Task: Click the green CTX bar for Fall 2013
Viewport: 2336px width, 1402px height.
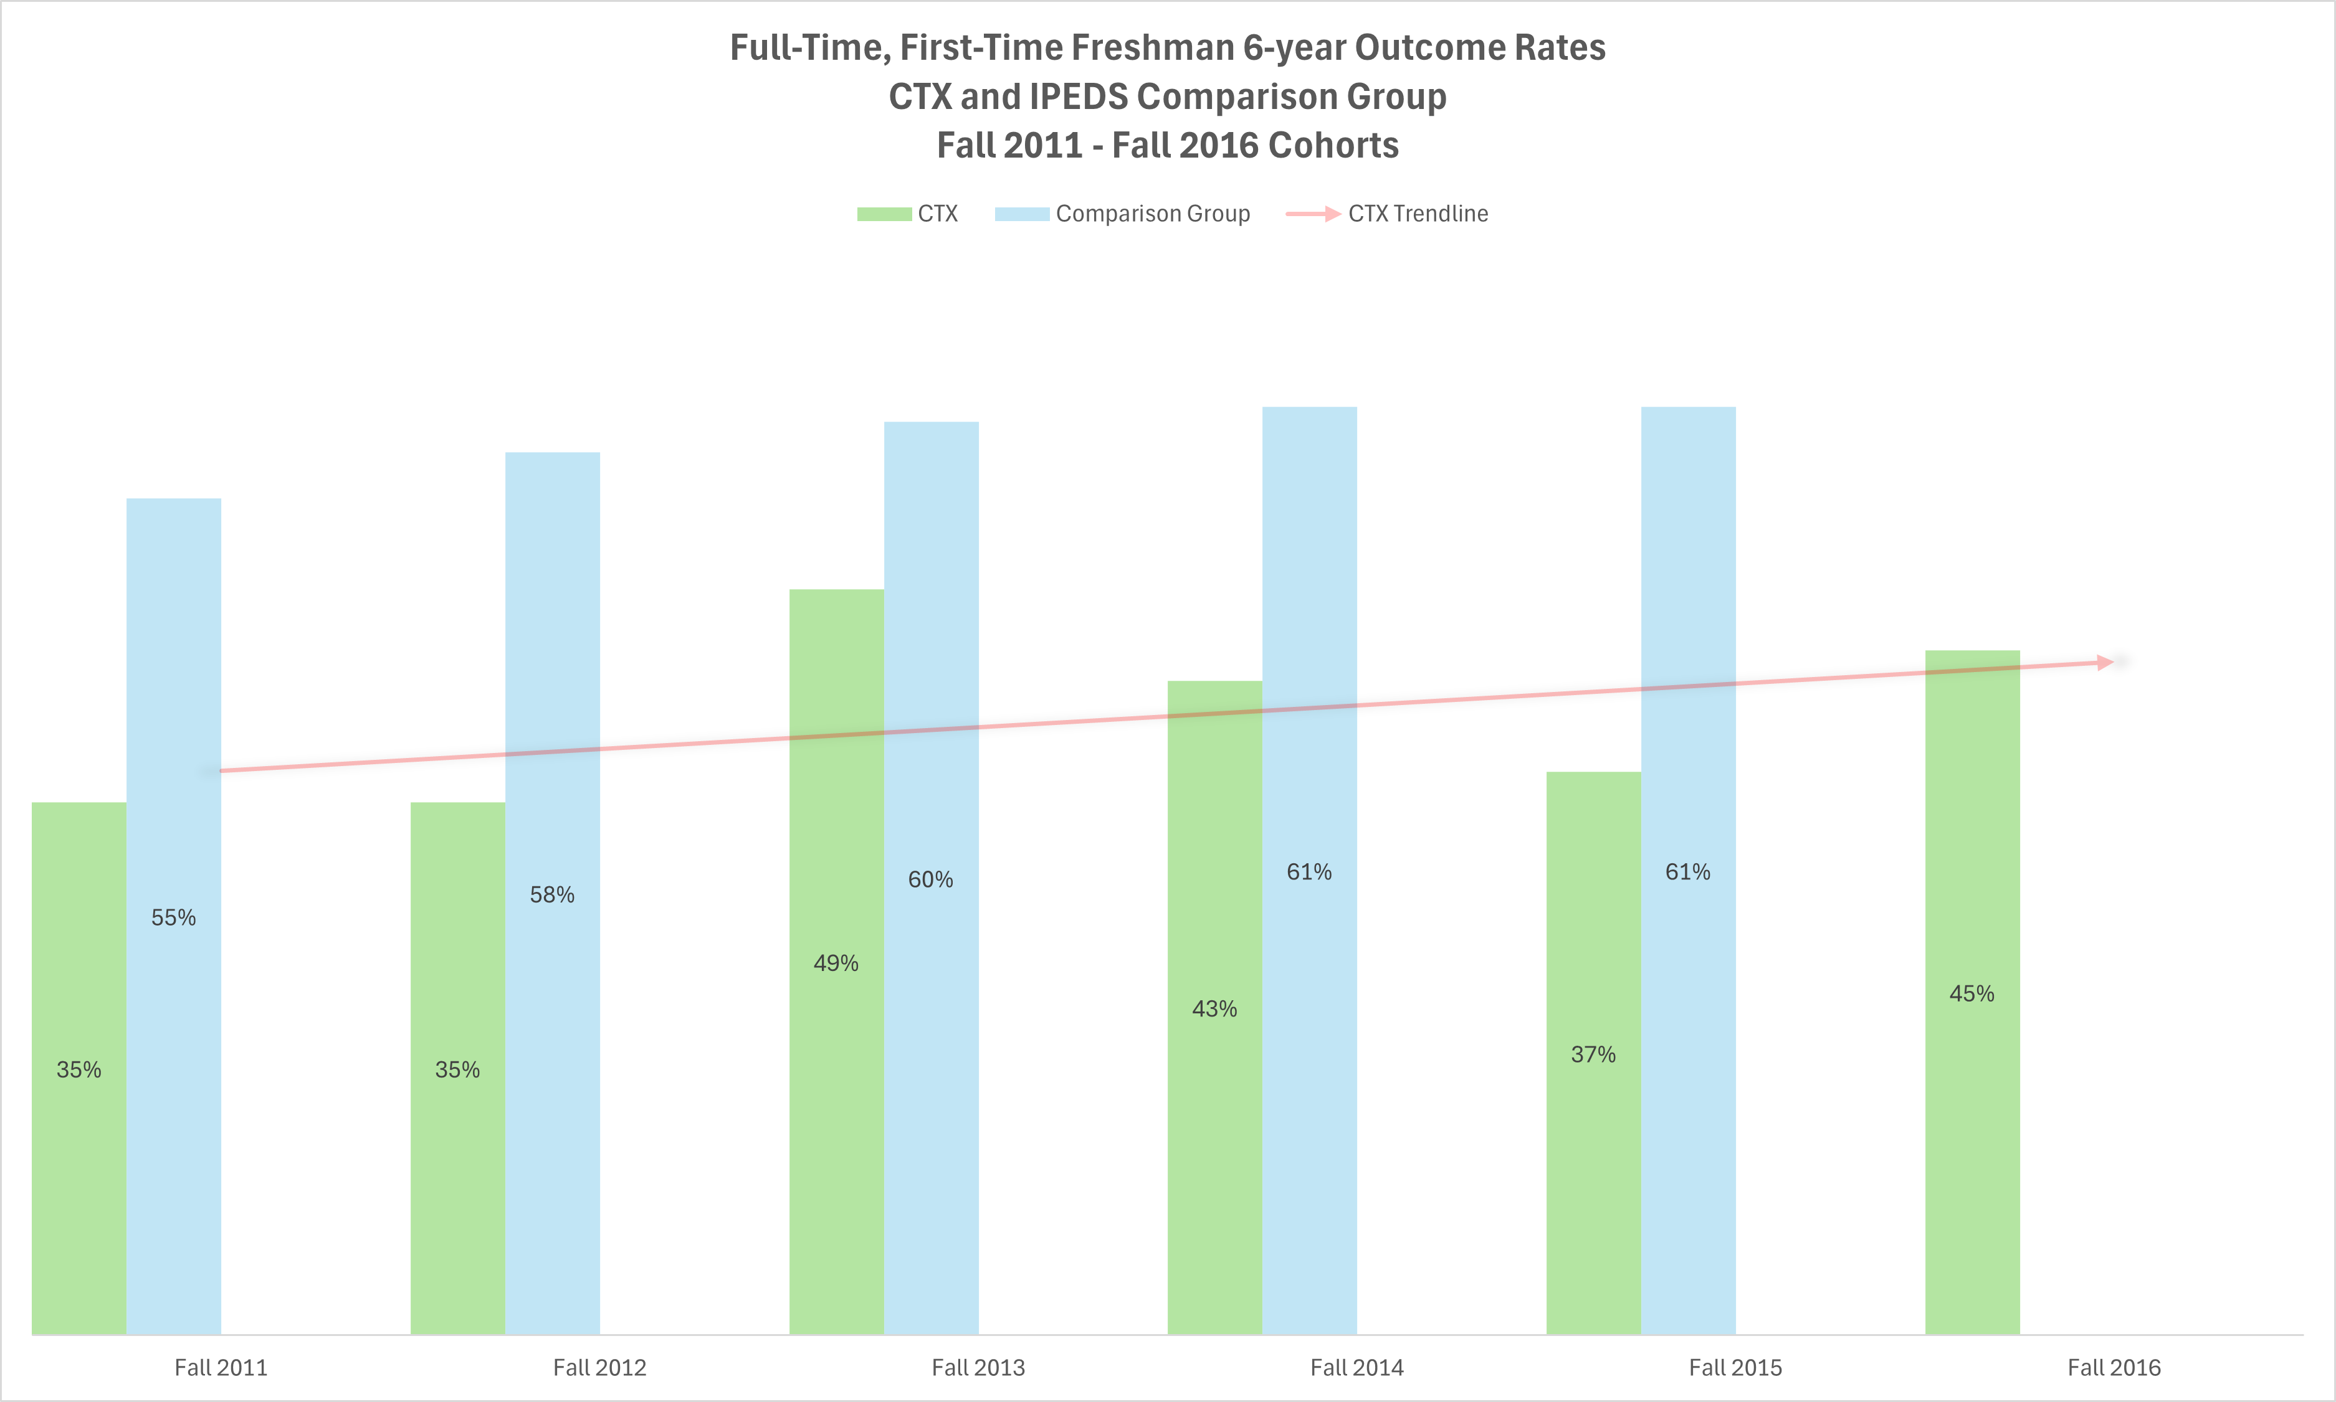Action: click(836, 1134)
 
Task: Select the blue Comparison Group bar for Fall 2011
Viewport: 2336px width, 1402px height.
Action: click(174, 1086)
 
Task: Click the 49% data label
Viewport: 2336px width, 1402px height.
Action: click(836, 964)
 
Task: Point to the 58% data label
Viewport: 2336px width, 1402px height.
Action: click(552, 894)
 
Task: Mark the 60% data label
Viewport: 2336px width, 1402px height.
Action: click(931, 879)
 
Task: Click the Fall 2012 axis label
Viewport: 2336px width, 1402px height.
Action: click(599, 1367)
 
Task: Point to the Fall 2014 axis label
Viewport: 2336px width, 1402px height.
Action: click(1357, 1367)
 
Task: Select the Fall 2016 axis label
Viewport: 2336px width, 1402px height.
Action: click(2114, 1367)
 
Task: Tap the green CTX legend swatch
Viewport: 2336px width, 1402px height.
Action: click(884, 214)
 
